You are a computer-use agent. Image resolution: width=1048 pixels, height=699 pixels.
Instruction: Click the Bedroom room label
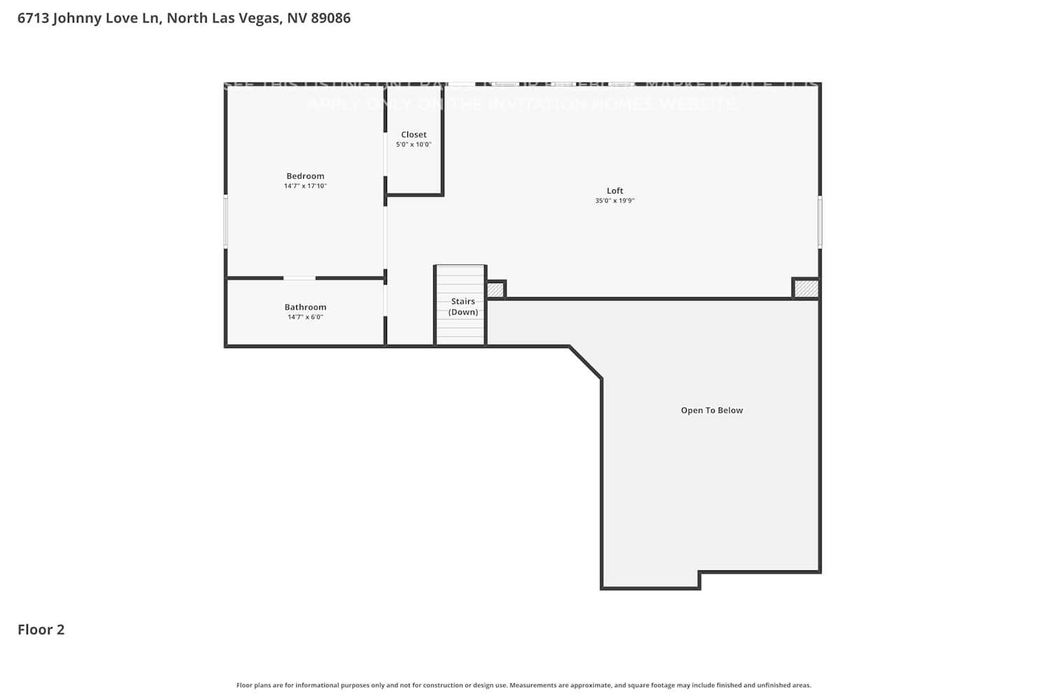click(305, 176)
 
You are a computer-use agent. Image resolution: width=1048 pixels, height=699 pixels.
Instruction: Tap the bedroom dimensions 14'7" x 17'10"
click(305, 186)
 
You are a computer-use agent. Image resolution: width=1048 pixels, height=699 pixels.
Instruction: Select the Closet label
click(414, 134)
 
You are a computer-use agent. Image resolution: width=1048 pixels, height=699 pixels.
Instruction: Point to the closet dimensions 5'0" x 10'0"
click(414, 145)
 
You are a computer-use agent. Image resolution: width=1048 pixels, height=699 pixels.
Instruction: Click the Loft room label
click(615, 191)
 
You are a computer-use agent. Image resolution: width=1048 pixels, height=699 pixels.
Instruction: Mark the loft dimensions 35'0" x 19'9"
click(615, 201)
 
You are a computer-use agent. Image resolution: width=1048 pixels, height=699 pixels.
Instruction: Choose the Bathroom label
click(305, 307)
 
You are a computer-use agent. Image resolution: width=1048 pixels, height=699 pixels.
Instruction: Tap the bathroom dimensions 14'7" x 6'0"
click(305, 317)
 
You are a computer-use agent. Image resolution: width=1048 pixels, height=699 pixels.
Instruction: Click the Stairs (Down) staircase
click(460, 306)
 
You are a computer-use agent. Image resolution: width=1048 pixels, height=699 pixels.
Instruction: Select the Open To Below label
click(712, 410)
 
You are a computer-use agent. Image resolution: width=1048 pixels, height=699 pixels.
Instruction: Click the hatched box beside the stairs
click(495, 289)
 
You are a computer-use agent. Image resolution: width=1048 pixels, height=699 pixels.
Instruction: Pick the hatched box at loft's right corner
click(806, 289)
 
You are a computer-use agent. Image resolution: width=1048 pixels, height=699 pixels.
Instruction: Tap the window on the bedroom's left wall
click(226, 221)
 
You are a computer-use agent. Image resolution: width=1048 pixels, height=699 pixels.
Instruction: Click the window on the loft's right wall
click(820, 222)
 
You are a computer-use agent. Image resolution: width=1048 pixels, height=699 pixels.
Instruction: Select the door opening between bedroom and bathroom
click(299, 278)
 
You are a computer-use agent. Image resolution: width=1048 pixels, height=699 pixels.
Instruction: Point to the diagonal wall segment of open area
click(585, 363)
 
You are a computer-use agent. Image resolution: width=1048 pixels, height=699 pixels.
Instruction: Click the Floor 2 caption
click(41, 630)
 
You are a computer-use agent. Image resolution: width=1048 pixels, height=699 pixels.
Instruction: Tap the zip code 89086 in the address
click(330, 18)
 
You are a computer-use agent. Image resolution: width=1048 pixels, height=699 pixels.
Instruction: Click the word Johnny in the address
click(77, 18)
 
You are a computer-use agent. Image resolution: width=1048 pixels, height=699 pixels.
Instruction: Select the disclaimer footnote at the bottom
click(524, 686)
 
